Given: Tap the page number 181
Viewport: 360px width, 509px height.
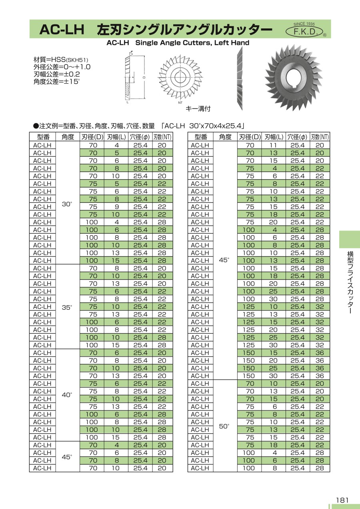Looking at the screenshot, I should pyautogui.click(x=342, y=500).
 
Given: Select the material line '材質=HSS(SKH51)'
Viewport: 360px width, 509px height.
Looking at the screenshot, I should pyautogui.click(x=60, y=60).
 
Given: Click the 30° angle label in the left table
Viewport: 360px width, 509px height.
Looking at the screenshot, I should pyautogui.click(x=67, y=204).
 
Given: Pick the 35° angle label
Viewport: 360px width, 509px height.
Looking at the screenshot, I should pyautogui.click(x=67, y=307).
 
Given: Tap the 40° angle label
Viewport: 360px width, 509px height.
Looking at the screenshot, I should pyautogui.click(x=67, y=395).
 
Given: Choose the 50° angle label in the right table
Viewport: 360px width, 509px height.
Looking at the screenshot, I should pyautogui.click(x=224, y=426).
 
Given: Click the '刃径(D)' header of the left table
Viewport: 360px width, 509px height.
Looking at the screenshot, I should pyautogui.click(x=92, y=137).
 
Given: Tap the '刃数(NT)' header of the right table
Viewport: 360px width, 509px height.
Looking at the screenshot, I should pyautogui.click(x=320, y=137).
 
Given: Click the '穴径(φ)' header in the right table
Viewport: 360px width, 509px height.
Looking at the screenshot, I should pyautogui.click(x=297, y=137).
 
